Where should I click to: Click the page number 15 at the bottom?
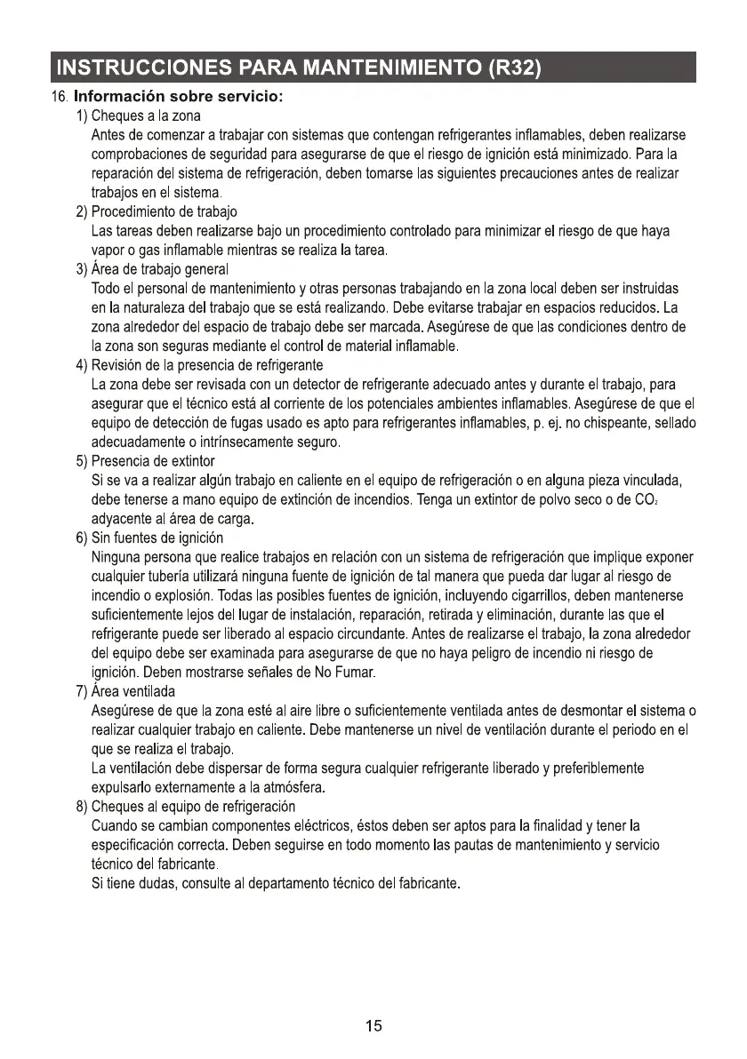(x=373, y=1026)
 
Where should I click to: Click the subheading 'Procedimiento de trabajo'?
(x=165, y=211)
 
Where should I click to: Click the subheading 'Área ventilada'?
(x=133, y=691)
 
